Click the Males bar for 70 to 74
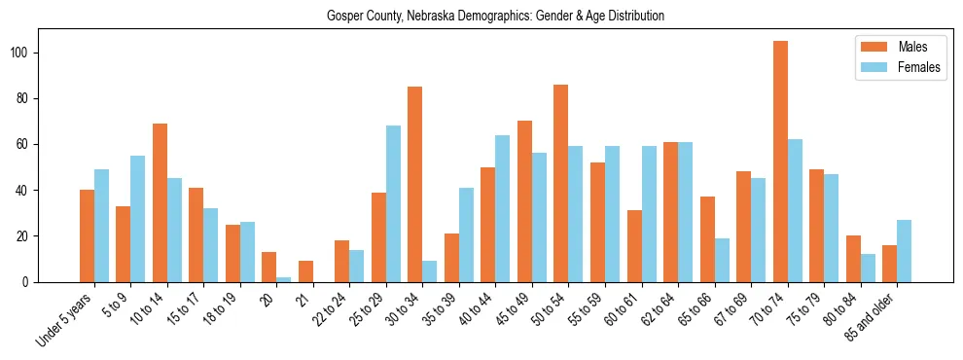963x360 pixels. coord(780,162)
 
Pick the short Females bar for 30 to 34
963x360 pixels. coord(430,271)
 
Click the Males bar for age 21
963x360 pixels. coord(305,271)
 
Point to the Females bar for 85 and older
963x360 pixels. coord(904,251)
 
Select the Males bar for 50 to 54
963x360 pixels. coord(561,183)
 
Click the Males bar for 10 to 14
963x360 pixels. coord(160,202)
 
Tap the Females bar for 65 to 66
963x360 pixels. coord(722,260)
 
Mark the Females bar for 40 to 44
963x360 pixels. coord(503,208)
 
